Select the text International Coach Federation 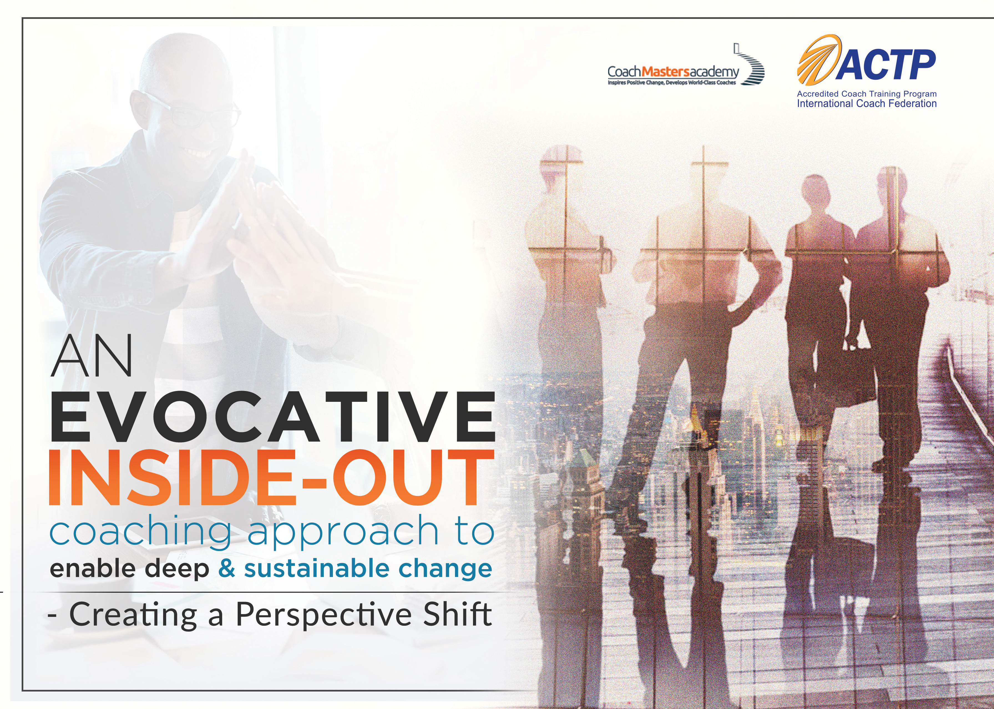[867, 104]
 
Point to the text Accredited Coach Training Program [867, 94]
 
